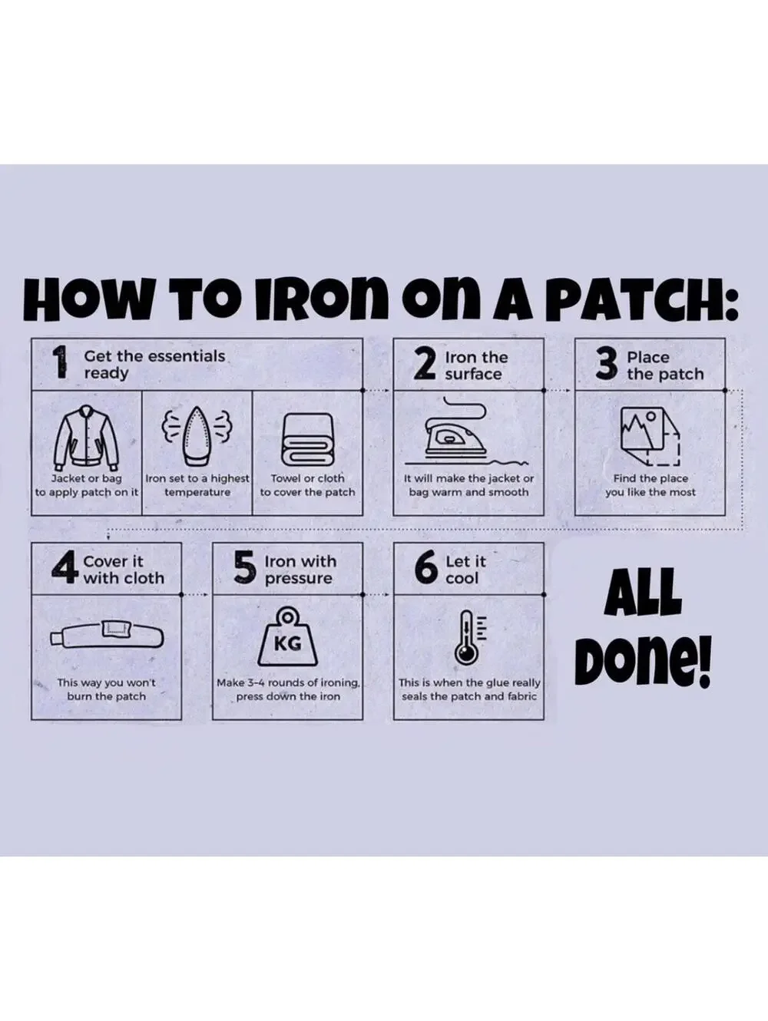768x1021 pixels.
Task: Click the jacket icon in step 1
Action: pyautogui.click(x=87, y=438)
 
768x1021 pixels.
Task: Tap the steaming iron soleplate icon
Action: pyautogui.click(x=197, y=436)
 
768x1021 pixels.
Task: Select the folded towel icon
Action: pyautogui.click(x=307, y=440)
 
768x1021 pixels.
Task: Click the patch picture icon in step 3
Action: pyautogui.click(x=650, y=436)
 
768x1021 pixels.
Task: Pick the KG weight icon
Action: pyautogui.click(x=287, y=637)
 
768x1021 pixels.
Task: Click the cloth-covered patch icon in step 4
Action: pyautogui.click(x=107, y=634)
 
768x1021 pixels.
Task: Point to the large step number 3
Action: pyautogui.click(x=607, y=364)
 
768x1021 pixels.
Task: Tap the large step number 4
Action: pyautogui.click(x=65, y=567)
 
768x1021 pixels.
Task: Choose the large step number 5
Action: pyautogui.click(x=245, y=567)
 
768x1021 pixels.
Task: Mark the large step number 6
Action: pyautogui.click(x=425, y=567)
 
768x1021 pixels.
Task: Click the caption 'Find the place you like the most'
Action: pyautogui.click(x=650, y=485)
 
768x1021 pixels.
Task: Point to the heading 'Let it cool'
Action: pyautogui.click(x=465, y=570)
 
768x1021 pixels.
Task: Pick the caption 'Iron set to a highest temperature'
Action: pyautogui.click(x=197, y=485)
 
